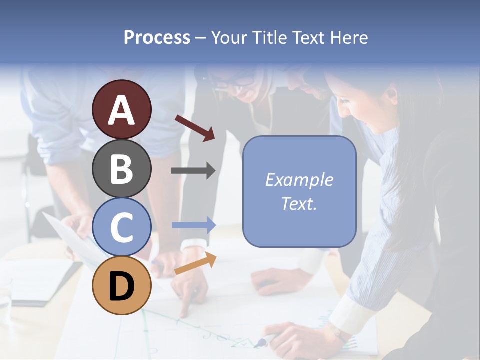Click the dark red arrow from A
click(x=195, y=128)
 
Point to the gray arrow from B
click(x=193, y=171)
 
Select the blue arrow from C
click(x=193, y=225)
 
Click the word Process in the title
click(x=157, y=37)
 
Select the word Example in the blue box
click(x=299, y=180)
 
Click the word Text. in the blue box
click(x=299, y=204)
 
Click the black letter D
click(x=122, y=286)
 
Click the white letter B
click(x=122, y=169)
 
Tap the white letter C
click(x=122, y=227)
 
